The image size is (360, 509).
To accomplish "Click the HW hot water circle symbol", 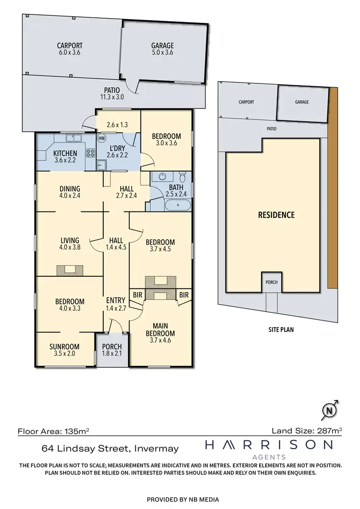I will pyautogui.click(x=101, y=138).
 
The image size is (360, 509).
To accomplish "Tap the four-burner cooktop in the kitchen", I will pyautogui.click(x=90, y=154).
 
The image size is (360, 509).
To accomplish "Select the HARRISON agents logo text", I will pyautogui.click(x=268, y=445).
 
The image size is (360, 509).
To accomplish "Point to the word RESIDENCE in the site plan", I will pyautogui.click(x=276, y=214).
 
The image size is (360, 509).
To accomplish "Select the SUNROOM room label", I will pyautogui.click(x=64, y=347).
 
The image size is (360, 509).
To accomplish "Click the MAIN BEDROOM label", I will pyautogui.click(x=161, y=330).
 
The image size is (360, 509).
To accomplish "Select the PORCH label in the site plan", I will pyautogui.click(x=271, y=282).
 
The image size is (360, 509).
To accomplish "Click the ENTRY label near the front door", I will pyautogui.click(x=115, y=301).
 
